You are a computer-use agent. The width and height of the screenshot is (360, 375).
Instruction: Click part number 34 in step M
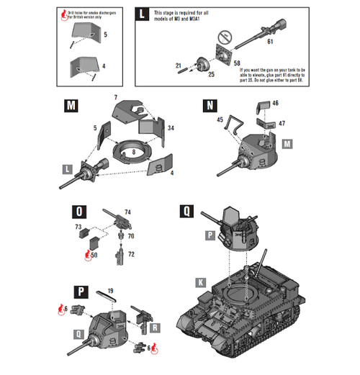[x=171, y=128]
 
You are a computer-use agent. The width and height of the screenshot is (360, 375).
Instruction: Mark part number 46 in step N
[x=275, y=104]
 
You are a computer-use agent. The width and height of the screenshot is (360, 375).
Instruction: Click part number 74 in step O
[x=128, y=212]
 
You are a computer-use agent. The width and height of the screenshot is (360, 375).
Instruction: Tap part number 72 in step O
[x=130, y=255]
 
